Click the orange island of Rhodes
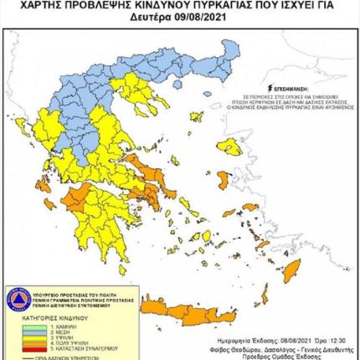291,270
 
